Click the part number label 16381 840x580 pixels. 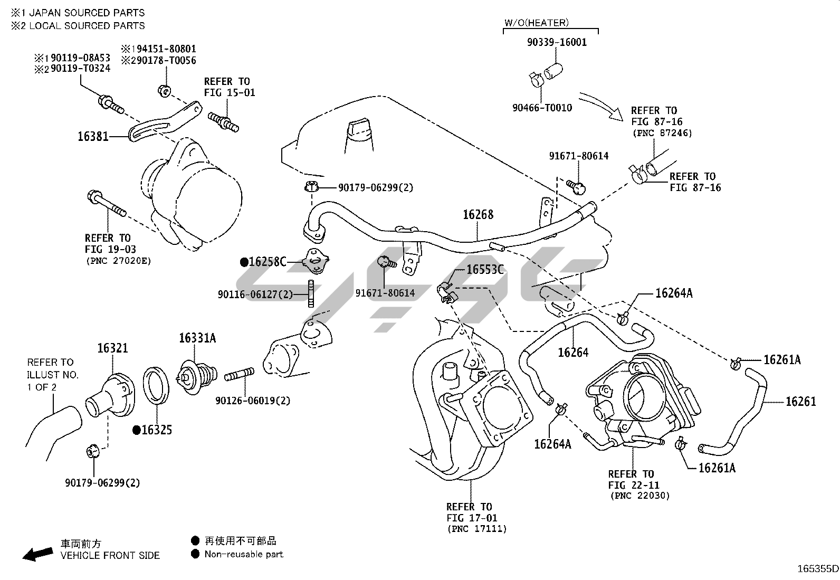pos(93,136)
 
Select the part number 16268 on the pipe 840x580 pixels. pos(478,214)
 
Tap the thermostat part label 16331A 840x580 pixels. pos(197,338)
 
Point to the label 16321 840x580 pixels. pos(112,348)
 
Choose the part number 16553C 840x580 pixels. pos(485,270)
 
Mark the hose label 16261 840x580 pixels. pos(800,402)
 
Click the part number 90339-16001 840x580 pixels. pos(557,42)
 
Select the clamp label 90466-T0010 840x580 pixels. pos(542,108)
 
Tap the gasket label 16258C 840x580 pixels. pos(267,262)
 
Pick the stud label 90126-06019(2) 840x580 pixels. pos(253,401)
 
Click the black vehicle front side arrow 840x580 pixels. pos(37,553)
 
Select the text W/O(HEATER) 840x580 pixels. pos(537,23)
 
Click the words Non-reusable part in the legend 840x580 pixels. pos(244,554)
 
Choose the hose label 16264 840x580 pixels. pos(573,352)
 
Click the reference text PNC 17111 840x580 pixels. pos(476,529)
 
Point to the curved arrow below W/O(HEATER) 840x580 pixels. pos(602,106)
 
